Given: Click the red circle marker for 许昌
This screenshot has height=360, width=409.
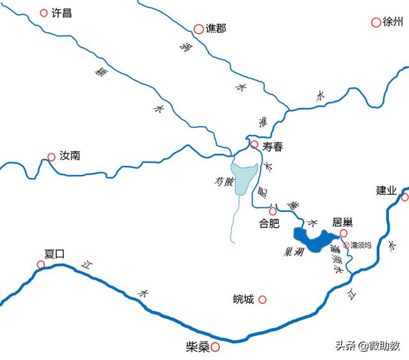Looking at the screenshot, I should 43,12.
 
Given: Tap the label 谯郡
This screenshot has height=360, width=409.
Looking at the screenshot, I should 215,29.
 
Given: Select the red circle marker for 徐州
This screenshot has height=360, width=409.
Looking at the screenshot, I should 376,22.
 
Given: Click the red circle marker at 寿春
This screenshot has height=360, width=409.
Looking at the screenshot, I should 254,145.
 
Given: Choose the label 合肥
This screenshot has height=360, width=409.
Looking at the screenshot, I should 269,223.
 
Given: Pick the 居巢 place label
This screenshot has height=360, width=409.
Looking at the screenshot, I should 343,222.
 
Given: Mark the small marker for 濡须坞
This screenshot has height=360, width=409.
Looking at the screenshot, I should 347,244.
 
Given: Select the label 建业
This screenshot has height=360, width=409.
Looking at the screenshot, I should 386,190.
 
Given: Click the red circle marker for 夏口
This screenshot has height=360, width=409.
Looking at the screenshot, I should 41,264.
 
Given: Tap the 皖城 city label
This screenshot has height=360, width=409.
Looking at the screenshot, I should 243,299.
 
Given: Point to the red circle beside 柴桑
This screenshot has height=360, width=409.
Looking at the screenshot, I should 216,347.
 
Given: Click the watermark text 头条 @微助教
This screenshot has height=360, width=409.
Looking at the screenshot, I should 367,345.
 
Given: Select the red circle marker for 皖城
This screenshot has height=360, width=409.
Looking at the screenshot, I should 262,299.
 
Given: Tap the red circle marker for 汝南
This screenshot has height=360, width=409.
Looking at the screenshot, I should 51,156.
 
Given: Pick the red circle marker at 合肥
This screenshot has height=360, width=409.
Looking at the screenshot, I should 273,211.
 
